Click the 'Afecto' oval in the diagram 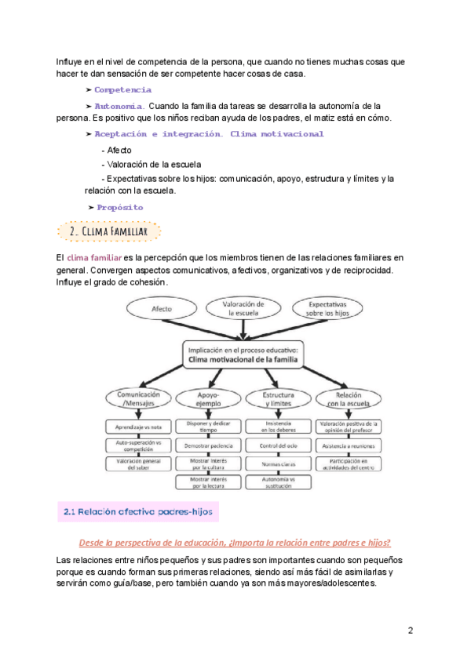click(x=161, y=310)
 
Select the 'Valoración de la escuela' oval click(x=243, y=307)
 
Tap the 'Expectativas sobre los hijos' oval click(x=328, y=309)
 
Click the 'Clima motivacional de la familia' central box click(x=243, y=355)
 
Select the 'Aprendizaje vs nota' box click(x=139, y=427)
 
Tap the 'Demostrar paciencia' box click(x=209, y=445)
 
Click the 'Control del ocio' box click(x=279, y=445)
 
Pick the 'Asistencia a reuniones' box click(x=348, y=445)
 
